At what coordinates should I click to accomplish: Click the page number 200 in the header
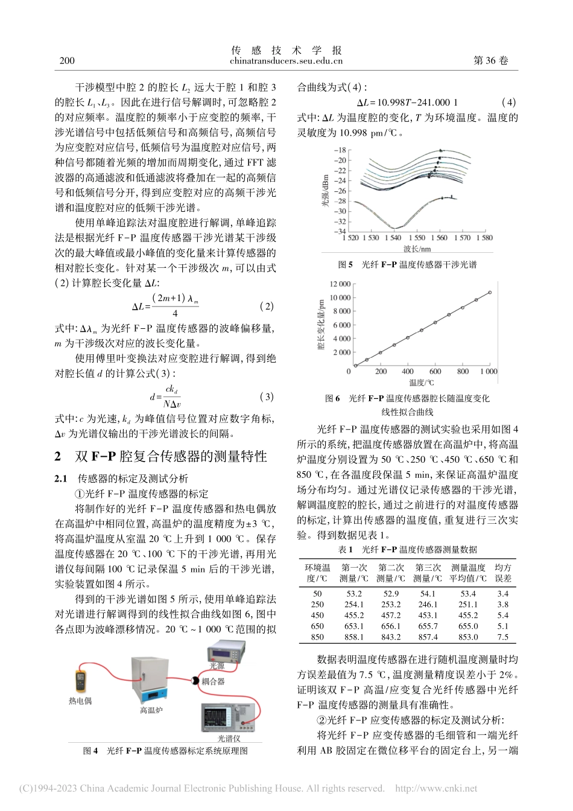[x=68, y=60]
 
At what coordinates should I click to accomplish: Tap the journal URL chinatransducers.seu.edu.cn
[x=286, y=60]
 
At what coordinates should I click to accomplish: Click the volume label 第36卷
[x=492, y=60]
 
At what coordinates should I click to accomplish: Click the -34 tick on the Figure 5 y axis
[x=341, y=232]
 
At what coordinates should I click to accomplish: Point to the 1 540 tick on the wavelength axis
[x=394, y=238]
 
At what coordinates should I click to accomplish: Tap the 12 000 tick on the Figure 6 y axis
[x=341, y=284]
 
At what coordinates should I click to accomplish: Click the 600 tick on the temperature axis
[x=435, y=372]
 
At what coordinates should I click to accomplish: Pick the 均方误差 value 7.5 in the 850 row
[x=503, y=637]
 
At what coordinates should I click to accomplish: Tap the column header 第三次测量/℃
[x=428, y=573]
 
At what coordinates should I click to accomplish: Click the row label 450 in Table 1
[x=317, y=615]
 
